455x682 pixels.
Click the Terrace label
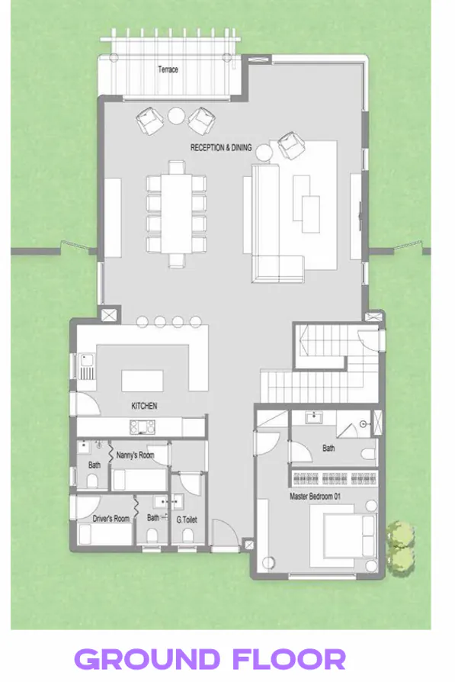point(168,69)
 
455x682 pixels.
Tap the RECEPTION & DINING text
point(221,148)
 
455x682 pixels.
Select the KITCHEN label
point(144,406)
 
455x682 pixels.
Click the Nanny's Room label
point(135,455)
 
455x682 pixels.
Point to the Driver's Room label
point(112,519)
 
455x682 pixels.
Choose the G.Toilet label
point(187,520)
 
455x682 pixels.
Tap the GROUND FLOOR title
point(210,658)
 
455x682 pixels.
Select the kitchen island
point(144,380)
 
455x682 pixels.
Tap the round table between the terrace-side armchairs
point(176,115)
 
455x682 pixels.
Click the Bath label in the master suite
point(328,449)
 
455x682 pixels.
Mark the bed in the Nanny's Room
point(139,479)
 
